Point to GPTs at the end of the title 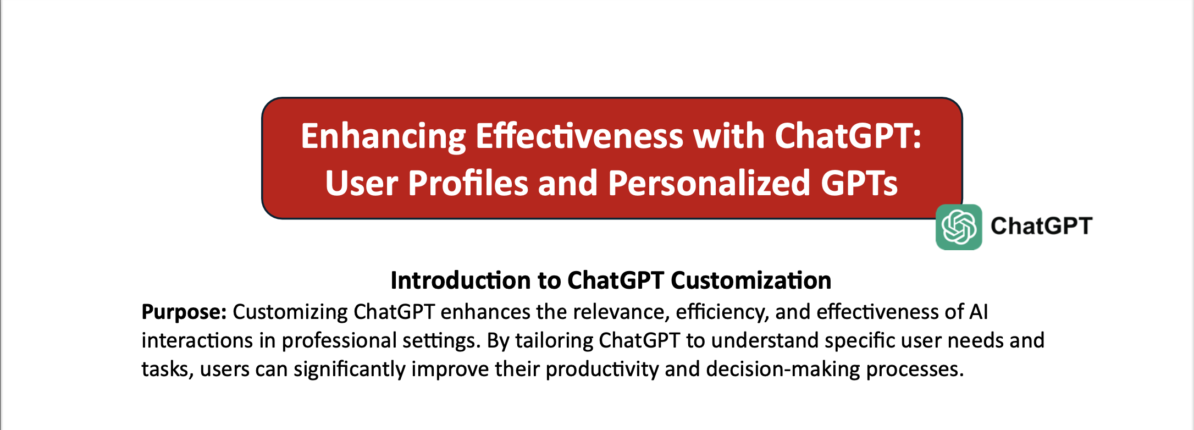[859, 183]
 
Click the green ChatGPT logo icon [959, 227]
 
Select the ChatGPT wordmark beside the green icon [1041, 226]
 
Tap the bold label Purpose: [184, 312]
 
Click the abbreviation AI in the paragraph [979, 312]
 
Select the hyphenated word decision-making [783, 370]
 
